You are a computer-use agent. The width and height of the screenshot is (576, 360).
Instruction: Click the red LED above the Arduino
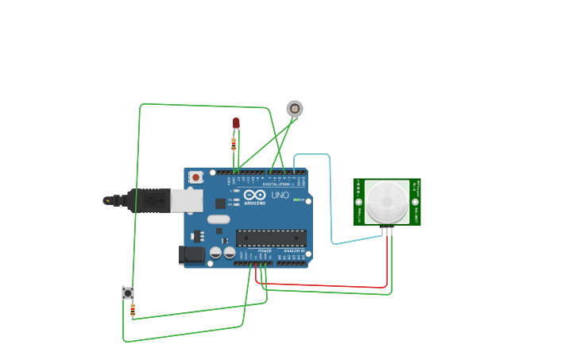[236, 123]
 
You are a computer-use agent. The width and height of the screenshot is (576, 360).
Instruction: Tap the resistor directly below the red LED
[234, 144]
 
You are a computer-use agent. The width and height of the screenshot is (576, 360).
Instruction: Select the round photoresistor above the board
[295, 108]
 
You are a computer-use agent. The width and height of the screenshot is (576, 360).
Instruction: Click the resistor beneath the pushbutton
[133, 309]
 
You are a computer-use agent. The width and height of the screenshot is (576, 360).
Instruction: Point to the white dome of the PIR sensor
[387, 202]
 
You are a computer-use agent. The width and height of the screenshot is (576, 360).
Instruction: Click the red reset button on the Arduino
[195, 177]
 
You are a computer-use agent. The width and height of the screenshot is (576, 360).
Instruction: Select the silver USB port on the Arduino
[187, 200]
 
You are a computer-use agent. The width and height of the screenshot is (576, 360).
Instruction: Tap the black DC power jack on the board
[191, 254]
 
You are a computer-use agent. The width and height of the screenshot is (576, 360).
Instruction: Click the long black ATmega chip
[271, 238]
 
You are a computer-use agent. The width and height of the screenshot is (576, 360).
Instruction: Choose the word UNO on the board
[280, 195]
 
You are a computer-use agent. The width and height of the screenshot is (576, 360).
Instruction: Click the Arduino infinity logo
[255, 195]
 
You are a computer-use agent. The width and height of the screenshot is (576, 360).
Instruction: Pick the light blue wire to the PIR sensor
[331, 199]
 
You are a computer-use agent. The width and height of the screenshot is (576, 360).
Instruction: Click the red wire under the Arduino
[326, 285]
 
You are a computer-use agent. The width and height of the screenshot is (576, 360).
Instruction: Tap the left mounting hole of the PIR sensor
[358, 184]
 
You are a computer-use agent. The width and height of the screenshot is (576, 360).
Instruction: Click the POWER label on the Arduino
[265, 251]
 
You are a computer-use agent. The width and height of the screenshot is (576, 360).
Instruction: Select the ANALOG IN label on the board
[292, 251]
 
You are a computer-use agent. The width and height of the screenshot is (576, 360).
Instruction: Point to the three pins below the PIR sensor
[388, 231]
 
